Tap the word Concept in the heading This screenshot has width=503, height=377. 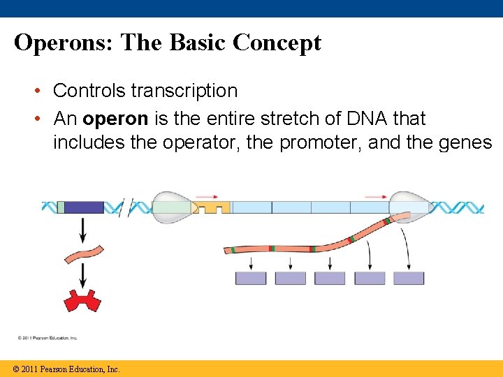[x=277, y=43]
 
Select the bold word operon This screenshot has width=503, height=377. [x=115, y=119]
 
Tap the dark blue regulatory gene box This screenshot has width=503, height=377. [x=84, y=207]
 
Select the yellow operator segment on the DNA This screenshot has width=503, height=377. [x=211, y=208]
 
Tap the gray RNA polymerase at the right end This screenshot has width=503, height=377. [x=410, y=207]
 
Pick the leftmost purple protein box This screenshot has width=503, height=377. [x=251, y=278]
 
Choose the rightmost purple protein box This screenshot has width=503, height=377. [x=409, y=278]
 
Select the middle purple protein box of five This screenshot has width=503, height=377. [x=330, y=278]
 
